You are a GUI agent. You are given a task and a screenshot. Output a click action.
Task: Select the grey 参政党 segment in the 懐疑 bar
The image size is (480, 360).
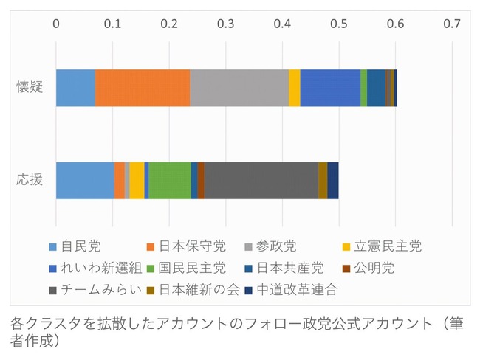pos(239,89)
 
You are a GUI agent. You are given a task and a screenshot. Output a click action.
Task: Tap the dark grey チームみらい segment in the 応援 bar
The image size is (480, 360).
pos(261,180)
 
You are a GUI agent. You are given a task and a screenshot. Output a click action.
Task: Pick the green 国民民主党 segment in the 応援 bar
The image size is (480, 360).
pos(169,180)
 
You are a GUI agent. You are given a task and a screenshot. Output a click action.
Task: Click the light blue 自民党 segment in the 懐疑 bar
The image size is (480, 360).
pos(75,89)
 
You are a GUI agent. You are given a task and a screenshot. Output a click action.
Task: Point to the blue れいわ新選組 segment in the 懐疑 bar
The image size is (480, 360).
pos(330,89)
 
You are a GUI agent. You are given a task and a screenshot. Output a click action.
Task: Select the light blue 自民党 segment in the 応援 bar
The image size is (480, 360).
pos(85,180)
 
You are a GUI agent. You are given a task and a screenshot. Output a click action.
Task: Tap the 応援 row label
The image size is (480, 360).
pos(30,180)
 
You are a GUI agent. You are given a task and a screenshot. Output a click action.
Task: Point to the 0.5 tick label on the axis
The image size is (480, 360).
pos(339,24)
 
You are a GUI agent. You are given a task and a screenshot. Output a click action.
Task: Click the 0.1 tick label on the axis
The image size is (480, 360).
pos(112,24)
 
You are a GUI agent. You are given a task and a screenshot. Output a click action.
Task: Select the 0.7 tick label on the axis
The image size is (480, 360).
pos(452,24)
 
